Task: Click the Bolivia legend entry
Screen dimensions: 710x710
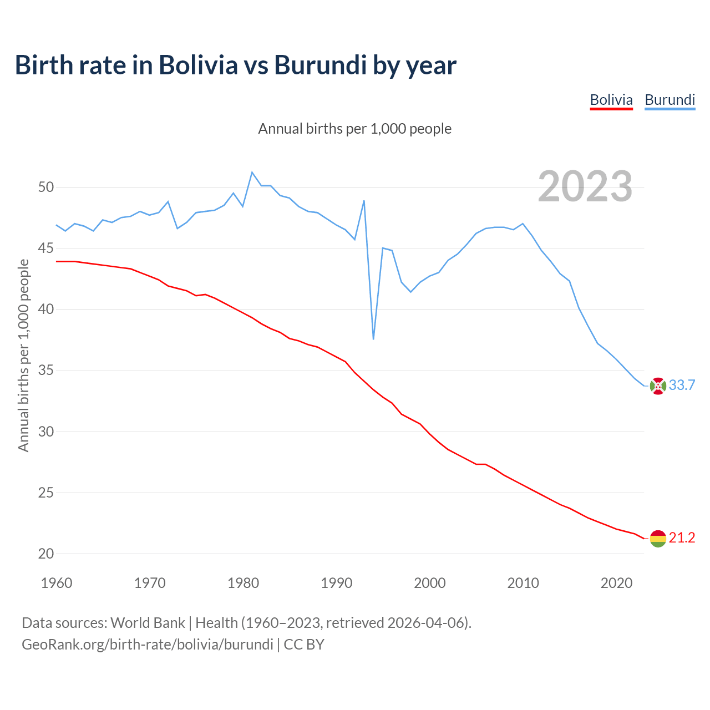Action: pyautogui.click(x=611, y=100)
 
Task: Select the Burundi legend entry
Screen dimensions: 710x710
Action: pyautogui.click(x=670, y=100)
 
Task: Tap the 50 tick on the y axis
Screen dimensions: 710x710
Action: pyautogui.click(x=46, y=187)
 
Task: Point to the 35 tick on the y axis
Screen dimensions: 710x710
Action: pyautogui.click(x=46, y=371)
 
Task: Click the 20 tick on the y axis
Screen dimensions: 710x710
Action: pyautogui.click(x=46, y=554)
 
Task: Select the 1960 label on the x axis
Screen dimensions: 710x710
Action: pyautogui.click(x=57, y=583)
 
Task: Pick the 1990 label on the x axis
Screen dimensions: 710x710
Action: pyautogui.click(x=337, y=583)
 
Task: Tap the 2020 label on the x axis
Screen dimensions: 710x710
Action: pyautogui.click(x=617, y=583)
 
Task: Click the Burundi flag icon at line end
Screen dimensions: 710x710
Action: pyautogui.click(x=658, y=386)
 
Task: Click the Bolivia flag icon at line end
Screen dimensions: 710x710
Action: pyautogui.click(x=658, y=538)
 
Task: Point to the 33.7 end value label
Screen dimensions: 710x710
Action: pyautogui.click(x=682, y=386)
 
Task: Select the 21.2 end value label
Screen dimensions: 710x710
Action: pyautogui.click(x=682, y=538)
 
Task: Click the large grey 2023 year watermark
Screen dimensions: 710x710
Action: pyautogui.click(x=585, y=186)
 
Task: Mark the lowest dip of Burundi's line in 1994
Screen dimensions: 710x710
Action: pyautogui.click(x=373, y=339)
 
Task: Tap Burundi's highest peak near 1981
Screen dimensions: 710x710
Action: pyautogui.click(x=252, y=173)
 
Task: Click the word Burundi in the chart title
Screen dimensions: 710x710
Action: pyautogui.click(x=321, y=65)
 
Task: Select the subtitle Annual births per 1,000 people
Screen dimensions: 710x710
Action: pyautogui.click(x=355, y=129)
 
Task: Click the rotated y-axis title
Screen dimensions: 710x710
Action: pyautogui.click(x=23, y=355)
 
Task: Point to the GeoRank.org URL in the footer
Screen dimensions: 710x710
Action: pyautogui.click(x=148, y=645)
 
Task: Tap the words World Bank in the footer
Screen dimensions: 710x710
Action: pyautogui.click(x=148, y=623)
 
